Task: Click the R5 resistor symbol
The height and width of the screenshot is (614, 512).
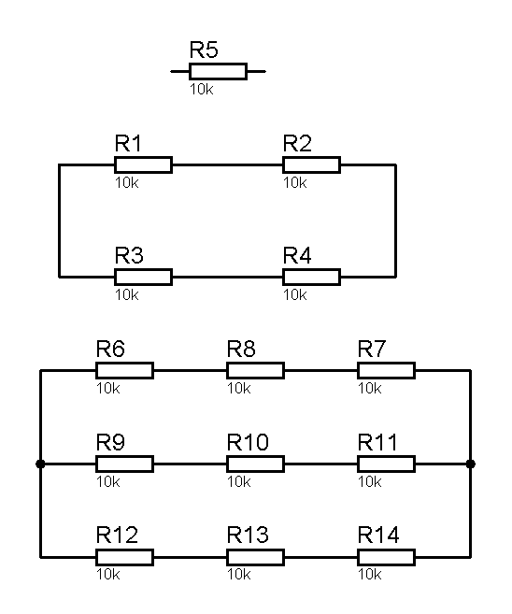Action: [218, 72]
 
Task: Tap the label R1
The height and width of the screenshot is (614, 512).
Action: [128, 143]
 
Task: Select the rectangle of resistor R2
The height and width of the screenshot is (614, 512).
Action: [311, 164]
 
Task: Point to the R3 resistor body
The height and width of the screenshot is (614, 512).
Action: [143, 277]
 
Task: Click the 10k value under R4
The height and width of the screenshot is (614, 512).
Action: [295, 295]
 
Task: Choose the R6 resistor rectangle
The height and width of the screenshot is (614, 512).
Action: [124, 370]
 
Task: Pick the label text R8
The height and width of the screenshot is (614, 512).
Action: [241, 349]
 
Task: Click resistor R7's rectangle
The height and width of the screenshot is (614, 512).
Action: [387, 370]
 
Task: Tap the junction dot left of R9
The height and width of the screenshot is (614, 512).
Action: [40, 464]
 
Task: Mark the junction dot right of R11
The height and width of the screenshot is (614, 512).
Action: [471, 464]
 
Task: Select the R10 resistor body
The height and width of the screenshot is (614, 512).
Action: [256, 464]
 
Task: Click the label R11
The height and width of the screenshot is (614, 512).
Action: [377, 442]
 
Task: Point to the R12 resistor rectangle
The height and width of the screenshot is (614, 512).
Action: [124, 557]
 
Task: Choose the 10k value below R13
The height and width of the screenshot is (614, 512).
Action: [239, 575]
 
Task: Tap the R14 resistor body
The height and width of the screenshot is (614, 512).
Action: [387, 557]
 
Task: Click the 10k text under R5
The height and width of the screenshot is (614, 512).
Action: [202, 90]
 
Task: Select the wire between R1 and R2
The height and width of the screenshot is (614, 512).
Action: [227, 164]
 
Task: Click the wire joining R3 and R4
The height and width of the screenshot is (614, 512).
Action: [227, 277]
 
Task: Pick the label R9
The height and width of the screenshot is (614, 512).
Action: [111, 442]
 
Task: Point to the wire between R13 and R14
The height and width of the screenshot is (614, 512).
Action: [321, 557]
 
